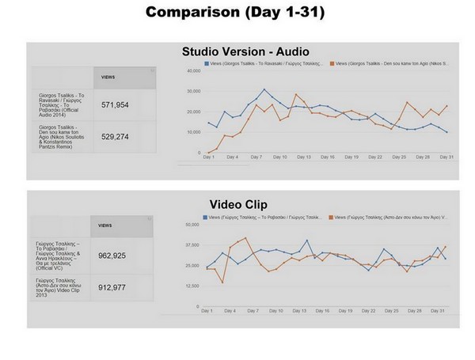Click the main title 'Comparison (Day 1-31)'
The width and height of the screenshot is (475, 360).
click(237, 13)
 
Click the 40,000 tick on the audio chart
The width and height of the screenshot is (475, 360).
click(192, 70)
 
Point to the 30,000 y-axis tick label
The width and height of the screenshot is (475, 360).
click(192, 91)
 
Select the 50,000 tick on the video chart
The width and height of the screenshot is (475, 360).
click(191, 225)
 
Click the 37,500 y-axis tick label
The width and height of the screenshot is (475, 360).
click(191, 245)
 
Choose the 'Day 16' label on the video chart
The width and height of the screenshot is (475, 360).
click(323, 311)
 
